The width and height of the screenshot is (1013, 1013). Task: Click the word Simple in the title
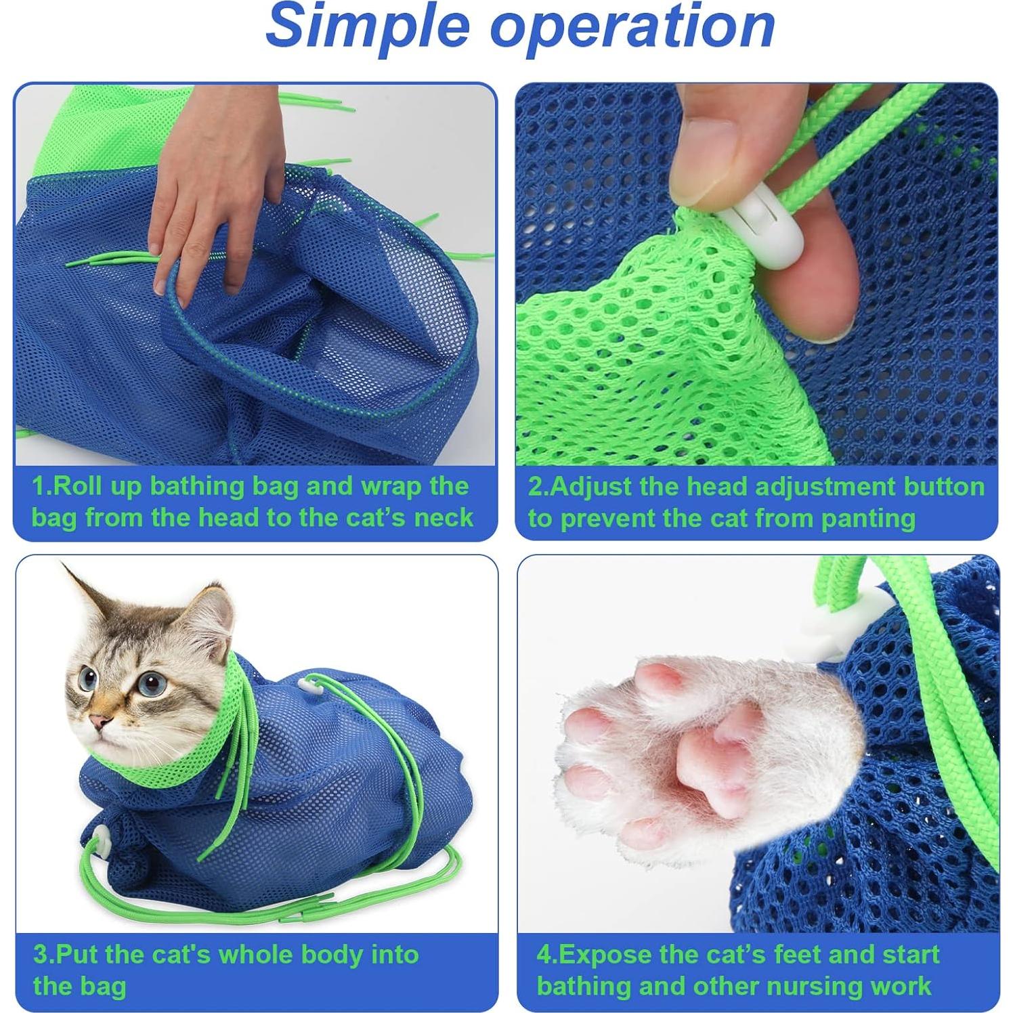click(x=365, y=27)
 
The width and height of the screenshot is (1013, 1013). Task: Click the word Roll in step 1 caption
click(x=82, y=486)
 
